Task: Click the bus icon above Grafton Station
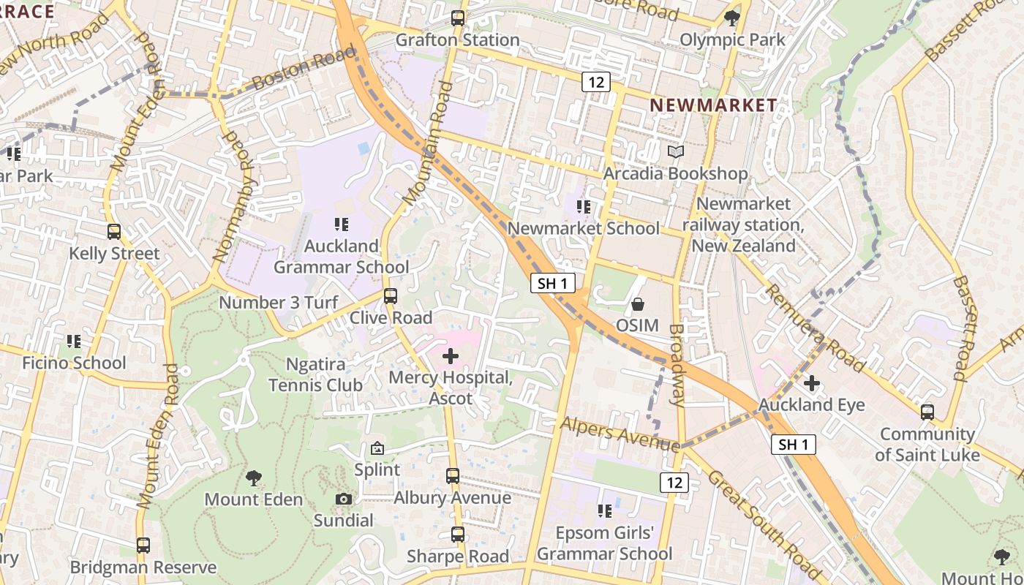pyautogui.click(x=458, y=18)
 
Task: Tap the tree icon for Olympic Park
pyautogui.click(x=731, y=18)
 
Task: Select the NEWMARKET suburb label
pyautogui.click(x=713, y=105)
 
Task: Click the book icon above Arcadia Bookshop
pyautogui.click(x=676, y=152)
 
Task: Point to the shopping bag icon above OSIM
pyautogui.click(x=638, y=303)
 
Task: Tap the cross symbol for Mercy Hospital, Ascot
pyautogui.click(x=451, y=356)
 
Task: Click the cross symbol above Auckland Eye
pyautogui.click(x=812, y=382)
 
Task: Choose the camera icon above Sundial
pyautogui.click(x=344, y=499)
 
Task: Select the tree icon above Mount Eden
pyautogui.click(x=253, y=478)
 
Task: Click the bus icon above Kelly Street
pyautogui.click(x=114, y=232)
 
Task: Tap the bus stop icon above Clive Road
pyautogui.click(x=391, y=296)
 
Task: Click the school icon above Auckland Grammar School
pyautogui.click(x=342, y=224)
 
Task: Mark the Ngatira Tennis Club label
pyautogui.click(x=315, y=374)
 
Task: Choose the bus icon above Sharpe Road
pyautogui.click(x=458, y=535)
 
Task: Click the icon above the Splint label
pyautogui.click(x=377, y=448)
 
